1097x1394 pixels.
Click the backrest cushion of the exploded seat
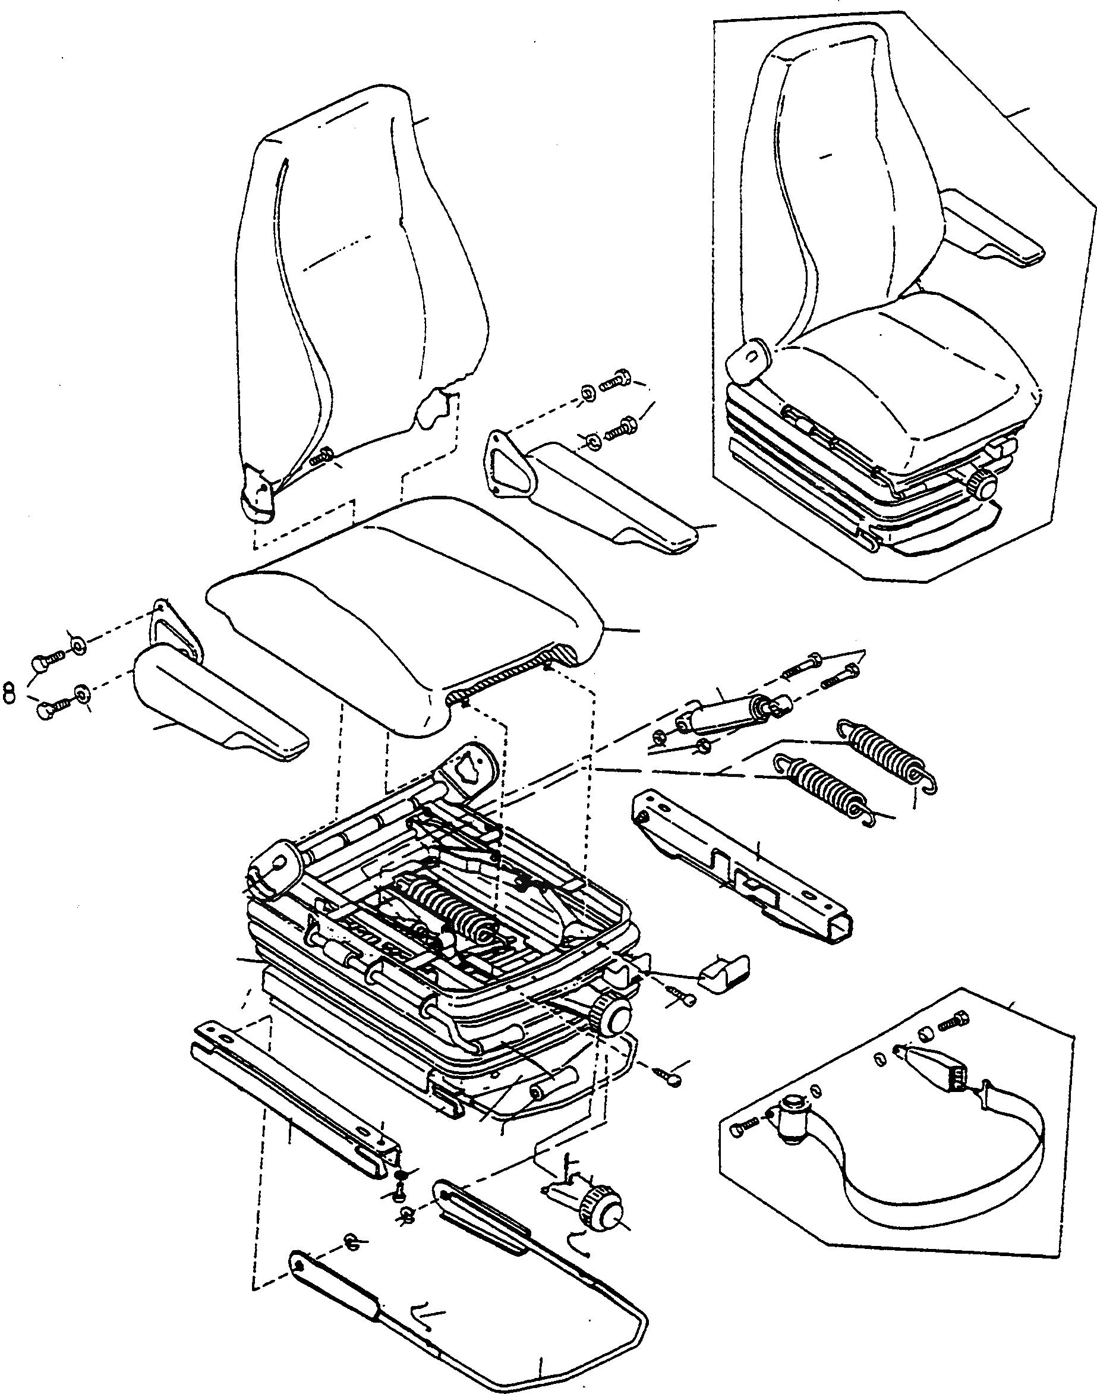(360, 270)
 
